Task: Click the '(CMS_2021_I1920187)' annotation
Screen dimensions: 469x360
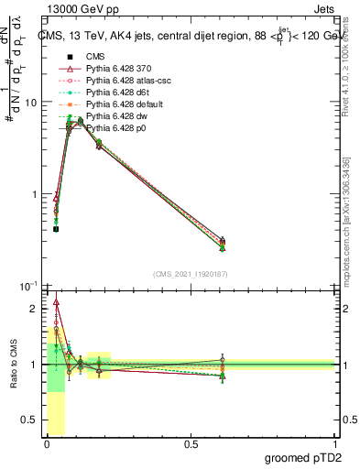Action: click(x=190, y=274)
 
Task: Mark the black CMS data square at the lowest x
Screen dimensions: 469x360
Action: click(x=56, y=229)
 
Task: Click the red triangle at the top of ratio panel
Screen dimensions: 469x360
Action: click(x=57, y=301)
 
